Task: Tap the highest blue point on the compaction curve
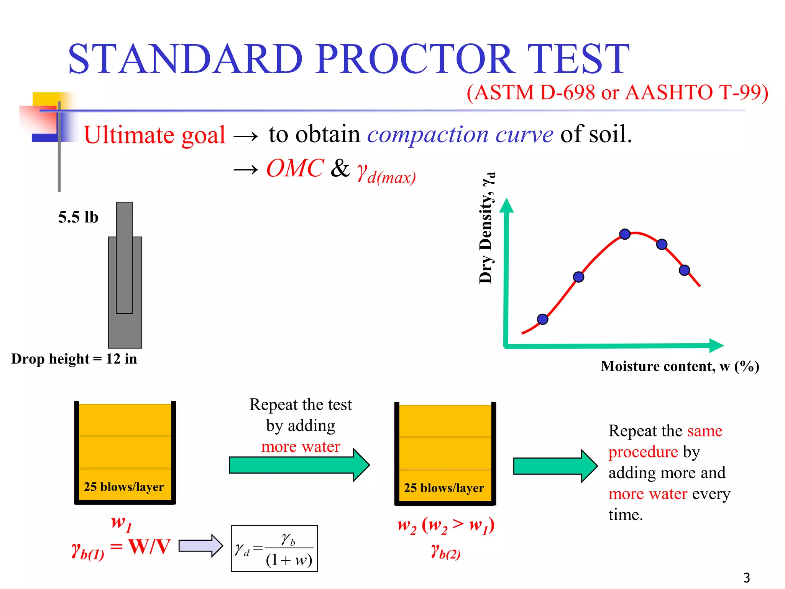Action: pyautogui.click(x=625, y=234)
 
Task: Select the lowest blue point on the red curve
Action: pyautogui.click(x=542, y=319)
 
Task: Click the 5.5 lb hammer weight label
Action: pyautogui.click(x=78, y=217)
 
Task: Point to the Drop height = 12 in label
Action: pyautogui.click(x=74, y=359)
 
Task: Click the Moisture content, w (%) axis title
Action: pyautogui.click(x=680, y=366)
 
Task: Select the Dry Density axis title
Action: pyautogui.click(x=487, y=228)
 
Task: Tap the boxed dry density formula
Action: pyautogui.click(x=274, y=548)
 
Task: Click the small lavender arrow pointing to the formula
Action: pyautogui.click(x=200, y=545)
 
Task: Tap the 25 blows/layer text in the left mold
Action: pyautogui.click(x=124, y=487)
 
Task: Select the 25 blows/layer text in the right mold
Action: pyautogui.click(x=444, y=488)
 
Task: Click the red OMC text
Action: pyautogui.click(x=295, y=168)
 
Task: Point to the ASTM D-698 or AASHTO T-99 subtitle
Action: pyautogui.click(x=617, y=93)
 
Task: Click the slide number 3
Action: pyautogui.click(x=746, y=577)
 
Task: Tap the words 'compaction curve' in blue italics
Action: pyautogui.click(x=460, y=135)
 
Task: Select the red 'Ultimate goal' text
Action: pyautogui.click(x=154, y=135)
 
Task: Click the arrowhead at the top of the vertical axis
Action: pyautogui.click(x=506, y=206)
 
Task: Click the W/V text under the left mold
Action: pyautogui.click(x=149, y=546)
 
